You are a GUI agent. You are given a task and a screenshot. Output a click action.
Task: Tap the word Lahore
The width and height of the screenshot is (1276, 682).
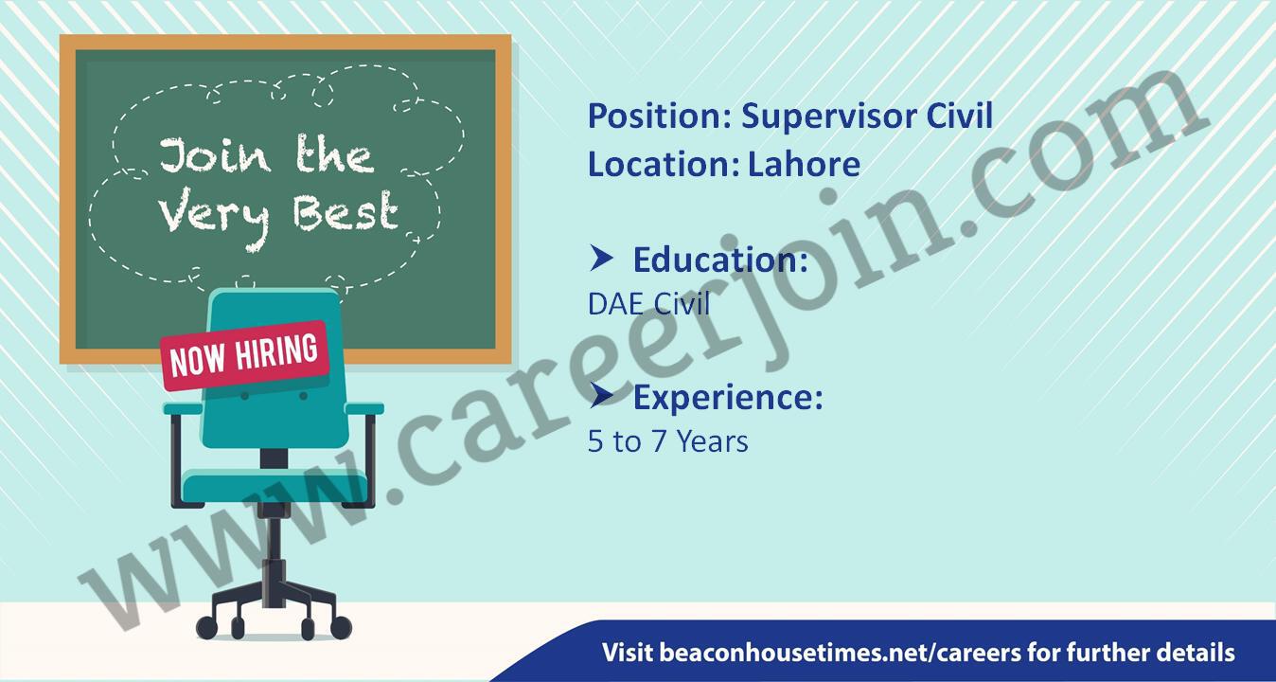pos(804,164)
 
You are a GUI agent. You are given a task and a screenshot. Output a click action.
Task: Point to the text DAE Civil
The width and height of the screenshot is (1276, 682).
pos(648,304)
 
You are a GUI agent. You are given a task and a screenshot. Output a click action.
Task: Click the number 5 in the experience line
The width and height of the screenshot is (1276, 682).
pos(594,441)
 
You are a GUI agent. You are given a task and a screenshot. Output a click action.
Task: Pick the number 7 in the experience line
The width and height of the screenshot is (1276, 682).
pos(659,441)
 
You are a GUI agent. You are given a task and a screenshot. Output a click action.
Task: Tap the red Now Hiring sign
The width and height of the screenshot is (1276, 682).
pos(245,356)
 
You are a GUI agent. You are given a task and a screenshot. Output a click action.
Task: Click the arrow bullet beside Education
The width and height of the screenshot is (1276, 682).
pos(601,258)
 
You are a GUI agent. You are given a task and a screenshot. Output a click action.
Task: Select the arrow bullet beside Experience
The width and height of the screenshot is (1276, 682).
pos(601,395)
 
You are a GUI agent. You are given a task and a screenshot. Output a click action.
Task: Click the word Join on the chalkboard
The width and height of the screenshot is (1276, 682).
pos(215,155)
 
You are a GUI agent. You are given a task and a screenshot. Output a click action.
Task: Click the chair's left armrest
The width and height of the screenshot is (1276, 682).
pos(183,408)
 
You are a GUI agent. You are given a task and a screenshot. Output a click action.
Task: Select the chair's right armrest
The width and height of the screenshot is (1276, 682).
pos(364,408)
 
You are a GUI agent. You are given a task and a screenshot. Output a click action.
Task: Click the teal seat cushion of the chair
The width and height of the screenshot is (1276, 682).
pos(275,487)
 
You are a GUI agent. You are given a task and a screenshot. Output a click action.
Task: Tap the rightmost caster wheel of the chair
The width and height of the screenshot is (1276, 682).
pos(341,628)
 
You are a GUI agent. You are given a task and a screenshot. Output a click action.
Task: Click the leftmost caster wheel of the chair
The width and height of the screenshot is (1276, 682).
pos(206,628)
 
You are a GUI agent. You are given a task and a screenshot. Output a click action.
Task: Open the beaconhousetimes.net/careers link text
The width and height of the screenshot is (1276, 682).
pos(842,653)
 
